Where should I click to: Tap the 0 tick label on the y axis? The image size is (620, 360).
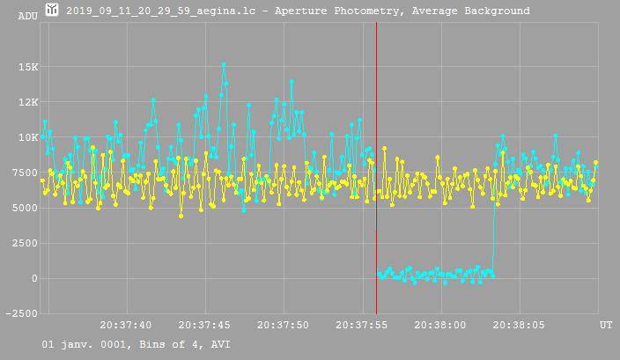pyautogui.click(x=34, y=278)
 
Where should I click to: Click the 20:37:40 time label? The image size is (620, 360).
pyautogui.click(x=126, y=326)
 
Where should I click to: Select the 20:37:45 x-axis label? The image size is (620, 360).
pyautogui.click(x=204, y=326)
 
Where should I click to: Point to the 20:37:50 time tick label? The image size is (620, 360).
pyautogui.click(x=284, y=326)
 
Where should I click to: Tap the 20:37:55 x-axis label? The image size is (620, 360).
pyautogui.click(x=362, y=326)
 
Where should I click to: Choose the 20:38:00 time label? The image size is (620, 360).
pyautogui.click(x=440, y=326)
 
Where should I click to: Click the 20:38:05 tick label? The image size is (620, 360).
pyautogui.click(x=519, y=326)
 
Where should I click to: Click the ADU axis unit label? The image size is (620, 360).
pyautogui.click(x=27, y=16)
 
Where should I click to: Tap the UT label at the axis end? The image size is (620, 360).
pyautogui.click(x=606, y=326)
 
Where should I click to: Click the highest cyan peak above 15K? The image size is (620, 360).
pyautogui.click(x=224, y=64)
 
